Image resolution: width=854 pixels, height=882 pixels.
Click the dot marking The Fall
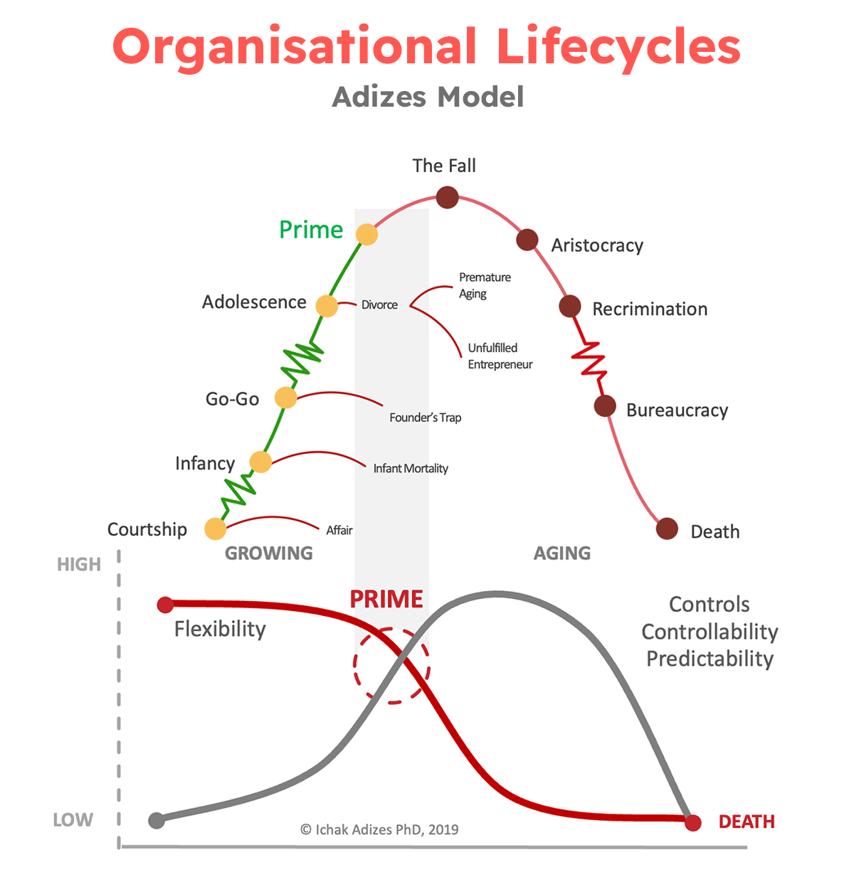pyautogui.click(x=447, y=197)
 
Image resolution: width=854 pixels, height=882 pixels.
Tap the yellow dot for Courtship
pyautogui.click(x=215, y=528)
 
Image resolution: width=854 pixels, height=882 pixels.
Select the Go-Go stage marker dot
pyautogui.click(x=285, y=398)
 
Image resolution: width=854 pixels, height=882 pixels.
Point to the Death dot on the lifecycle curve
pyautogui.click(x=667, y=528)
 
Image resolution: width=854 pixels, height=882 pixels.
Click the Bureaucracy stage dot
pyautogui.click(x=605, y=406)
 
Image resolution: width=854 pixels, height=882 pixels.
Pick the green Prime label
pyautogui.click(x=311, y=230)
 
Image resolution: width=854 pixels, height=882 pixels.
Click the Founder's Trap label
pyautogui.click(x=425, y=418)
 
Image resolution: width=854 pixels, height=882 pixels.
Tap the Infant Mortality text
pyautogui.click(x=411, y=468)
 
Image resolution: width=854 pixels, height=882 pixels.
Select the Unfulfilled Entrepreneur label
pyautogui.click(x=500, y=356)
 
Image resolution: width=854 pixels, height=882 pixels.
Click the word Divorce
pyautogui.click(x=379, y=304)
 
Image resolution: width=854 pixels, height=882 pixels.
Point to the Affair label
pyautogui.click(x=339, y=530)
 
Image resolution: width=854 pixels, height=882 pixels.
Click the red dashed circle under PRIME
pyautogui.click(x=391, y=666)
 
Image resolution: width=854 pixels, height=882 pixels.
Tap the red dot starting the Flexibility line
pyautogui.click(x=165, y=605)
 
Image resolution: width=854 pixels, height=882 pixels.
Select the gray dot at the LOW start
pyautogui.click(x=157, y=820)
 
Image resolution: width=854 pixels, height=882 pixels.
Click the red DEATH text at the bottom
pyautogui.click(x=747, y=822)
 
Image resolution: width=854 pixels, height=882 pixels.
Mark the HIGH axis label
pyautogui.click(x=79, y=564)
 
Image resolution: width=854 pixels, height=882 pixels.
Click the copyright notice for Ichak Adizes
pyautogui.click(x=379, y=829)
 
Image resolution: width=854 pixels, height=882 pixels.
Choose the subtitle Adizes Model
pyautogui.click(x=428, y=97)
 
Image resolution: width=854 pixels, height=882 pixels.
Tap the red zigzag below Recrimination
pyautogui.click(x=590, y=359)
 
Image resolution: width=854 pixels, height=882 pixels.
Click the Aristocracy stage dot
pyautogui.click(x=527, y=240)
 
